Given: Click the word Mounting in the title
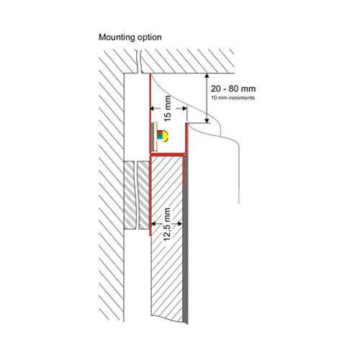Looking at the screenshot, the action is click(117, 37).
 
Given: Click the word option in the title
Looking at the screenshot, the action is click(149, 37).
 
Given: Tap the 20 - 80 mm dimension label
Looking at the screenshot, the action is click(233, 89).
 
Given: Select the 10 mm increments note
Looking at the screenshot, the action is click(233, 98).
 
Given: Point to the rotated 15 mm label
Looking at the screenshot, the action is click(168, 108).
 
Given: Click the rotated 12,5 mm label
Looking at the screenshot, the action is click(167, 224).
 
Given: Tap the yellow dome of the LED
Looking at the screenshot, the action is click(166, 136).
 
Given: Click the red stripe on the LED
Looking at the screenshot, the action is click(160, 132).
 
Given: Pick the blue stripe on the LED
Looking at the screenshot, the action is click(160, 140).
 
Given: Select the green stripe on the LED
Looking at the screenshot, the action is click(160, 136).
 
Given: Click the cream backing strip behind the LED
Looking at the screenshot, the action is click(155, 137).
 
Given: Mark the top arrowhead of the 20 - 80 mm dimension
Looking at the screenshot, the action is click(207, 76).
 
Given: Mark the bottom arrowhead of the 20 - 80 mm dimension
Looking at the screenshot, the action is click(207, 120).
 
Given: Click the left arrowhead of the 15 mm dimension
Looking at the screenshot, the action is click(153, 109).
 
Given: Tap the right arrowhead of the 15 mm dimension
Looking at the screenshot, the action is click(184, 109).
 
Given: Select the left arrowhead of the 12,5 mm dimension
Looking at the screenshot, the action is click(153, 224).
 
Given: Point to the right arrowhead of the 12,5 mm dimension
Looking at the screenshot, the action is click(179, 224).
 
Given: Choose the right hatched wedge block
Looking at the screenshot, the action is click(143, 195).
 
